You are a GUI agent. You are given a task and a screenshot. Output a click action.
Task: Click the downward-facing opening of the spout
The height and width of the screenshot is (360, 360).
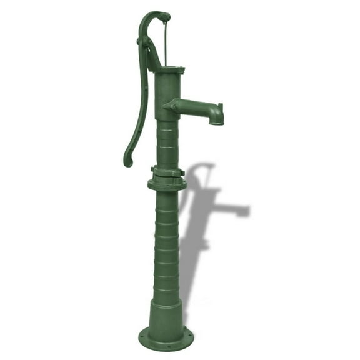(x=216, y=122)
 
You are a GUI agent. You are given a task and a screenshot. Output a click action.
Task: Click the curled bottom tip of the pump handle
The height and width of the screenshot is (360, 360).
(x=127, y=161)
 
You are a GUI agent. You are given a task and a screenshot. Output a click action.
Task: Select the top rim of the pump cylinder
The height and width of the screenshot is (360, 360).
(x=169, y=69)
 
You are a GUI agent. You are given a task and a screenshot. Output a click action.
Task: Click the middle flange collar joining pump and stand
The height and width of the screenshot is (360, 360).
(x=167, y=183)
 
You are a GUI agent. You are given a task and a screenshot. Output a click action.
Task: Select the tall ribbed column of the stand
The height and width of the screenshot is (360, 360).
(x=166, y=244)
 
